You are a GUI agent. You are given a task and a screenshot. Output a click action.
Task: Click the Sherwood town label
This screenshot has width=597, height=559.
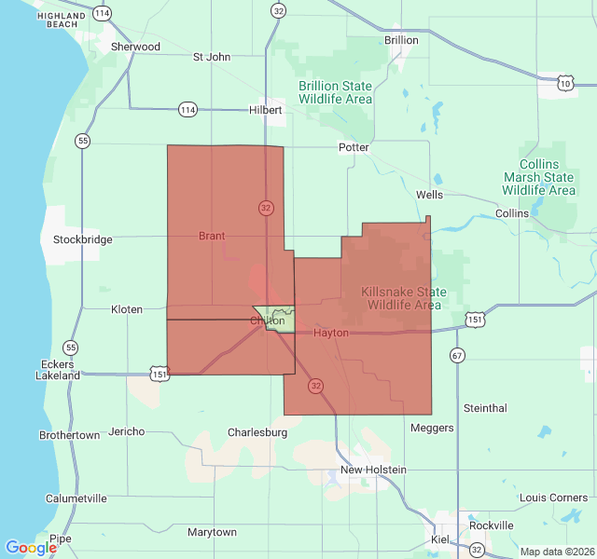tap(135, 47)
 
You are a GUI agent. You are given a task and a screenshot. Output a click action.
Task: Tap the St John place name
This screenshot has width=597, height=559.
tap(212, 57)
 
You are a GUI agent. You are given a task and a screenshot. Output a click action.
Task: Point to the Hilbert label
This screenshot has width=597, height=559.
tap(266, 110)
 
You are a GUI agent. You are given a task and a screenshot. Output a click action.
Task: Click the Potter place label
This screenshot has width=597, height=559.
tap(354, 147)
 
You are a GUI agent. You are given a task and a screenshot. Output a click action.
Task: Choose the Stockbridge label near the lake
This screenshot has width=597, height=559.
tap(83, 239)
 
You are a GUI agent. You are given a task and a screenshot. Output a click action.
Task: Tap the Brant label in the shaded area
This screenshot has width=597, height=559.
tap(212, 236)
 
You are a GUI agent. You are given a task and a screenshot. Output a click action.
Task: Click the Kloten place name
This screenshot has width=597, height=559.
tap(127, 309)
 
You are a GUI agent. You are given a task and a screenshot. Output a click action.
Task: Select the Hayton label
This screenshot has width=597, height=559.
tap(331, 333)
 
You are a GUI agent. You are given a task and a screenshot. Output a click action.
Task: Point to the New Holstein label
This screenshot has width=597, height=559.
tap(373, 470)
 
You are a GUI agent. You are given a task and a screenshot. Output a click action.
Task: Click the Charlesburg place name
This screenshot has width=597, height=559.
tap(257, 432)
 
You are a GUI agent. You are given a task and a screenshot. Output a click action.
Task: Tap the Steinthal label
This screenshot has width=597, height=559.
tap(485, 408)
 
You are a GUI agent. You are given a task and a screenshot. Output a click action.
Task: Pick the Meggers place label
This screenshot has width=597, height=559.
tap(432, 428)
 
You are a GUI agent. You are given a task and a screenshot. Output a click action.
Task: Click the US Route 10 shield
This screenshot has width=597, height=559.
tap(565, 84)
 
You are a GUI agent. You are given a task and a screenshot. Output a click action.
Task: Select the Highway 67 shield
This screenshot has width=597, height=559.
tap(457, 355)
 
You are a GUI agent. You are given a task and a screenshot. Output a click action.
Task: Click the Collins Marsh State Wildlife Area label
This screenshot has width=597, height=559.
tap(539, 177)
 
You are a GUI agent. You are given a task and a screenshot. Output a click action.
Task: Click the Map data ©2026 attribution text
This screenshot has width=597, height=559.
tap(555, 552)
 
